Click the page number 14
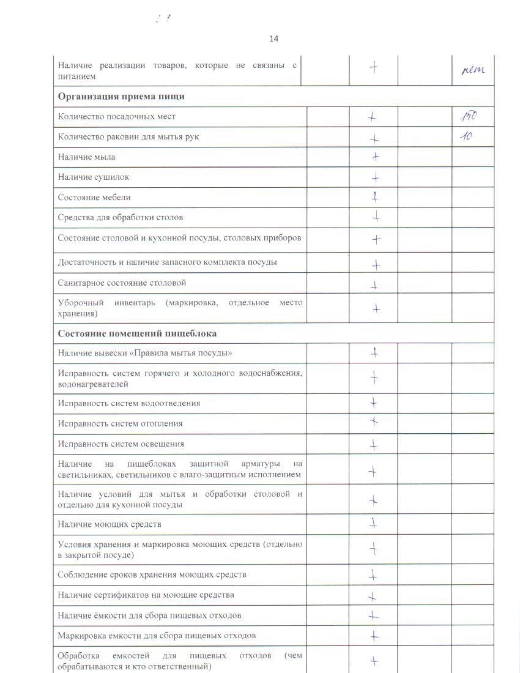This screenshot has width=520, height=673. (x=273, y=39)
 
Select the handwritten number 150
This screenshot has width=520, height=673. (x=469, y=116)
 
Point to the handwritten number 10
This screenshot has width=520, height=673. (x=466, y=136)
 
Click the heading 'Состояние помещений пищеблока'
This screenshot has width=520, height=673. (x=137, y=333)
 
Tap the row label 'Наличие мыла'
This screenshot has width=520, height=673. (x=86, y=157)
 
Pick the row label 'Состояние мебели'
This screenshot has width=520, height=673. (x=94, y=198)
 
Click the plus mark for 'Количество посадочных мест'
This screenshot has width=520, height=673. (x=373, y=117)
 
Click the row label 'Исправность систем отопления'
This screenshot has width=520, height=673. (x=120, y=423)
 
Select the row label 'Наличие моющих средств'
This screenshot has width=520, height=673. (x=110, y=524)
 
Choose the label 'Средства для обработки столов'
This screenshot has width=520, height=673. (x=121, y=218)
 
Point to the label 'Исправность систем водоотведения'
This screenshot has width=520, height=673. (x=128, y=403)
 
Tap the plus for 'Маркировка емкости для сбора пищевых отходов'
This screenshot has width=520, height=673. (x=374, y=636)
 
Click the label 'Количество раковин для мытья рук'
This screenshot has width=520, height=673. (x=128, y=137)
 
